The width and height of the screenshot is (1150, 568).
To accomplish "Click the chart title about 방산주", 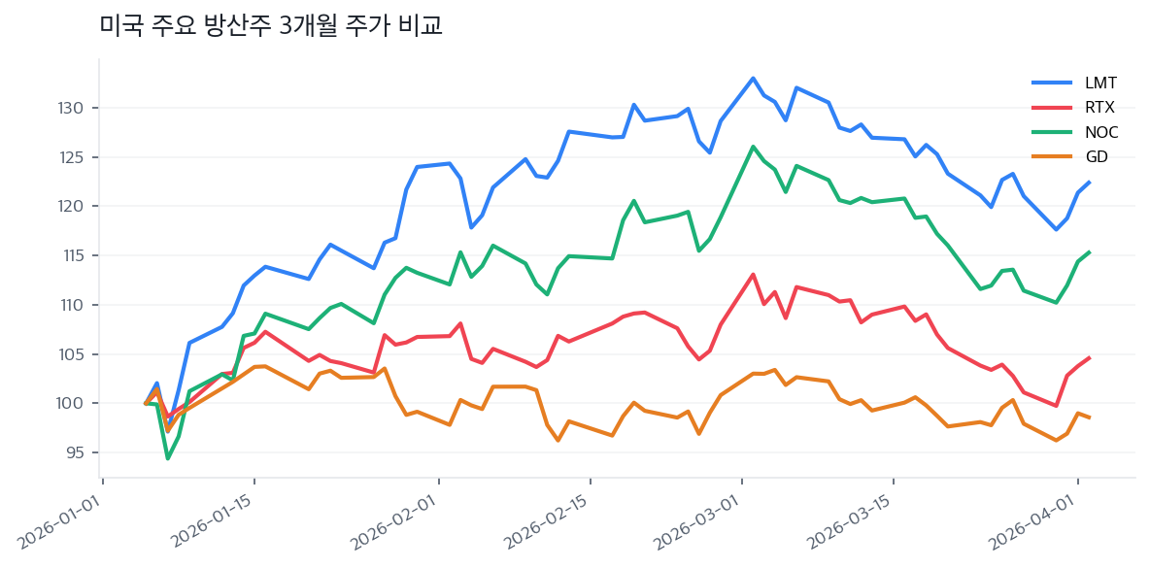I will pos(271,25).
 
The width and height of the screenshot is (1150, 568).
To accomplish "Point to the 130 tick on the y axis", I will pos(77,108).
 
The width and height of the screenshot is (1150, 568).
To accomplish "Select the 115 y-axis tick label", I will pos(77,255).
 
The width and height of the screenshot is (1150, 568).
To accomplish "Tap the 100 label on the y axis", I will pos(77,403).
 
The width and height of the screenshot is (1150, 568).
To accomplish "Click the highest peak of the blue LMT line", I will pos(753,78).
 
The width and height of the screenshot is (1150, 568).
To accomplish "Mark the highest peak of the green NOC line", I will pos(753,147).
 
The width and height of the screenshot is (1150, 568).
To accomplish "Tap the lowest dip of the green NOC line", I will pos(167,458).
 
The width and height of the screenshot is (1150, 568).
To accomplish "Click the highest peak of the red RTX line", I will pos(753,274).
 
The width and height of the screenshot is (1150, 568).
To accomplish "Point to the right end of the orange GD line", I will pos(1089,418).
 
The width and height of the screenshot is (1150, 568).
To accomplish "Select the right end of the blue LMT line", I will pos(1089,182).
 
